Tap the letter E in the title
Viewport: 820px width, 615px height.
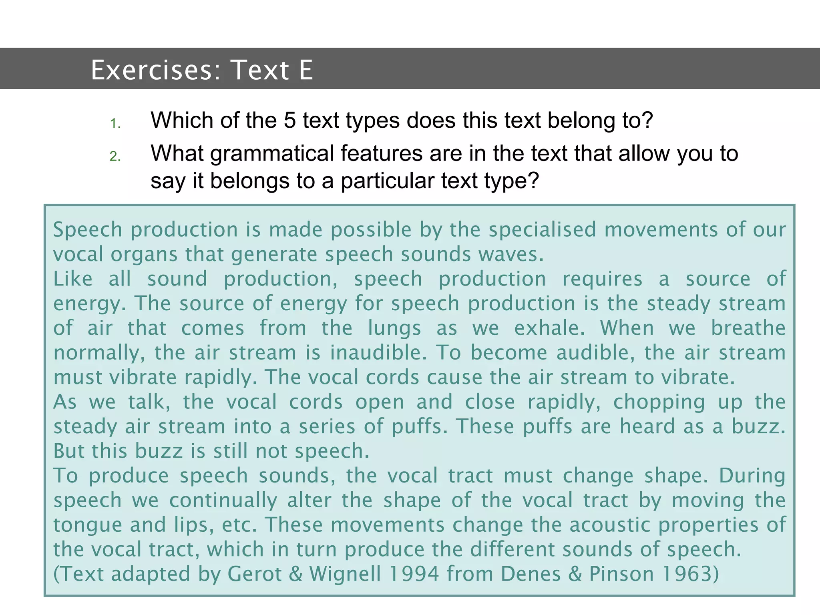tap(305, 70)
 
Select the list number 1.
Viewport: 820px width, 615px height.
tap(115, 123)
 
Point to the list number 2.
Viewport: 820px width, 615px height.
tap(115, 156)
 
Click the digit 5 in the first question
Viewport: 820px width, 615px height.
tap(289, 120)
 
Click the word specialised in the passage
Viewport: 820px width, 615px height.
tap(543, 230)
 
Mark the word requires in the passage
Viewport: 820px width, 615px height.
tap(602, 279)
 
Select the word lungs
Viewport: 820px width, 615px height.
tap(394, 329)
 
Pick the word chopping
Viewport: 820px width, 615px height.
tap(659, 402)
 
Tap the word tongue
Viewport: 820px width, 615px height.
tap(87, 525)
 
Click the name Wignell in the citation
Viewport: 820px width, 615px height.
tap(345, 574)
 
